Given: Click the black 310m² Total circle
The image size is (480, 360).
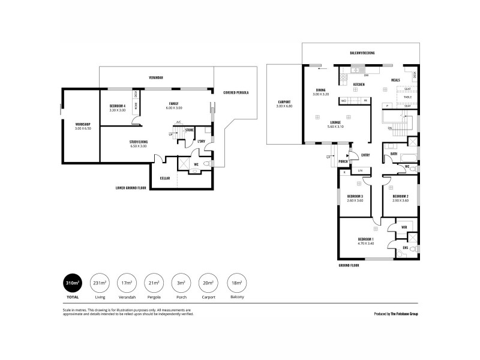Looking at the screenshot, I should [72, 283].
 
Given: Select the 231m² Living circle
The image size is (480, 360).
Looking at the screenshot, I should [100, 283].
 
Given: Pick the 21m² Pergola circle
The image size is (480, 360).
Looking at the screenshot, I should [153, 283].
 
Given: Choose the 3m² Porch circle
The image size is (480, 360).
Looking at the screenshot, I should [181, 283].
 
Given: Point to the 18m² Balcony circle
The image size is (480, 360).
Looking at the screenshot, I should [236, 283].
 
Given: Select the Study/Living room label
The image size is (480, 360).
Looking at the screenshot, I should [139, 143].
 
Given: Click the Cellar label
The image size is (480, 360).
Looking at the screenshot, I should [164, 178].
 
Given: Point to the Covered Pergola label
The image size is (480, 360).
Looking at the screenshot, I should [236, 92].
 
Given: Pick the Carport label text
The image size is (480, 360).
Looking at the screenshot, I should [284, 103].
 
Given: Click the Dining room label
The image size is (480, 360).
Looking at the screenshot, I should [321, 92].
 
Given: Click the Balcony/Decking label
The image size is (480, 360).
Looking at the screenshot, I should [362, 53].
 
